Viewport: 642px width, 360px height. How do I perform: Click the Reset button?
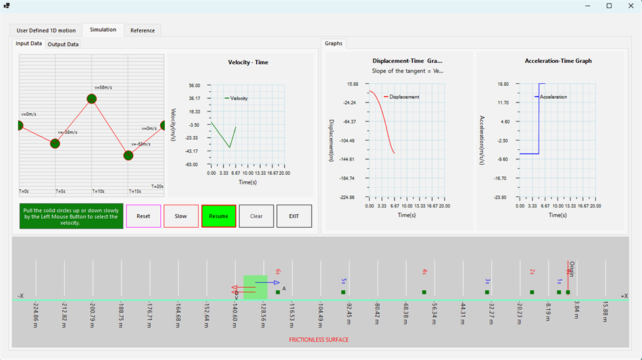click(143, 216)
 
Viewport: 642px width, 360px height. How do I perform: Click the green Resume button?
click(218, 216)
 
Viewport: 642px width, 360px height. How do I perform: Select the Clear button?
click(256, 216)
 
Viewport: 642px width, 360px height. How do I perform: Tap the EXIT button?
click(294, 216)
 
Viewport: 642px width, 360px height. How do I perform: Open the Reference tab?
click(142, 30)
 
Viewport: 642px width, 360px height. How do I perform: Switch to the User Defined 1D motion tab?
click(46, 30)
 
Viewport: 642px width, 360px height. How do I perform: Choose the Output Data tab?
click(63, 45)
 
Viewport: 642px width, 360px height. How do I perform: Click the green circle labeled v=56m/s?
click(92, 99)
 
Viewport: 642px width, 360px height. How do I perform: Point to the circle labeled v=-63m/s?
click(128, 155)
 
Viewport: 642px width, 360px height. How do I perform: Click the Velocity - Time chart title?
click(248, 63)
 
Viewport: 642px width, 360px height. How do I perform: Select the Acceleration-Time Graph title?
click(558, 61)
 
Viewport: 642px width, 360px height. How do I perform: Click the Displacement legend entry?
click(404, 97)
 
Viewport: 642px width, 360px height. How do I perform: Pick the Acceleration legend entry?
click(553, 97)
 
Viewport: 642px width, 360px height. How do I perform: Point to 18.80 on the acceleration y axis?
click(502, 84)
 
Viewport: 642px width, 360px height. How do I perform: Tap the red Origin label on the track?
click(572, 269)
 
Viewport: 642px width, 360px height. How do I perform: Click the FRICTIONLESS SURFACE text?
click(319, 340)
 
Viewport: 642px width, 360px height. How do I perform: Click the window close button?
click(627, 5)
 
